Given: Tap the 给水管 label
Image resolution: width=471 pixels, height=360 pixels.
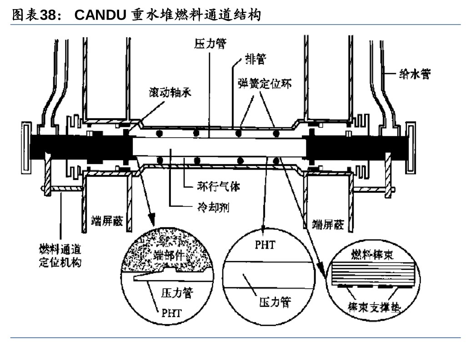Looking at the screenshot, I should (x=414, y=73).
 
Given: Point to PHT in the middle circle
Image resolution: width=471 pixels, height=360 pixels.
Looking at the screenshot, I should (x=265, y=245).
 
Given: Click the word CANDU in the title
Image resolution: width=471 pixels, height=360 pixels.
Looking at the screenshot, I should (x=100, y=15).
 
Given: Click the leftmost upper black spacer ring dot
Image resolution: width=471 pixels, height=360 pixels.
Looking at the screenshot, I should (x=160, y=133).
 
